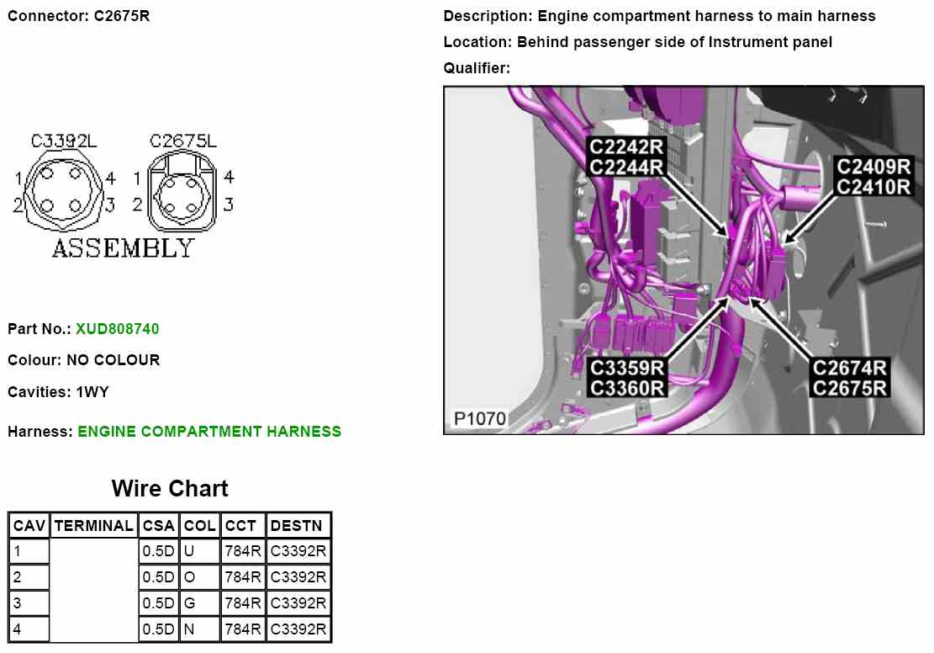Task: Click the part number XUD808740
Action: [x=117, y=329]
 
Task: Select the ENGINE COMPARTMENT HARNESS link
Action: [x=209, y=432]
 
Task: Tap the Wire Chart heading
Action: [x=170, y=488]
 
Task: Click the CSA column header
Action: [x=158, y=526]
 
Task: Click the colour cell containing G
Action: [x=189, y=603]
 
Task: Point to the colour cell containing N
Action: [x=189, y=629]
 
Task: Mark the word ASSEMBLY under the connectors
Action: [x=123, y=248]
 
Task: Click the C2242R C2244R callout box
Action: [x=627, y=157]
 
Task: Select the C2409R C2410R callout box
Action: [x=874, y=176]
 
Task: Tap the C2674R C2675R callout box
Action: [x=850, y=378]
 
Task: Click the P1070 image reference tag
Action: [x=479, y=418]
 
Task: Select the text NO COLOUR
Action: [x=113, y=360]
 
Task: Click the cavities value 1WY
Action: [x=92, y=392]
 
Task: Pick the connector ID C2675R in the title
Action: [x=122, y=16]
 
